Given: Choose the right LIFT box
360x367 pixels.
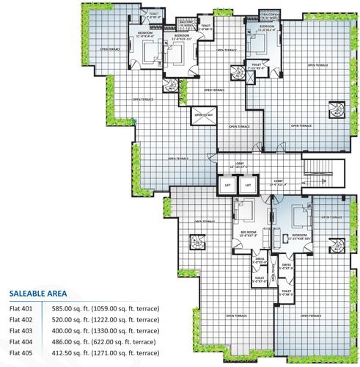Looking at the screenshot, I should (249, 186).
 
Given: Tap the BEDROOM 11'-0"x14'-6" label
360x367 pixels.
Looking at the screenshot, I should (144, 35).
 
